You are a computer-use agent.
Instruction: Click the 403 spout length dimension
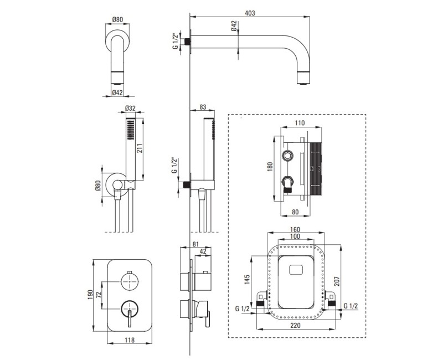[x=250, y=13]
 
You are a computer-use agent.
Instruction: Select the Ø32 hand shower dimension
[x=130, y=108]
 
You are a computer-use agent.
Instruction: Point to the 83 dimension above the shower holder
[x=203, y=107]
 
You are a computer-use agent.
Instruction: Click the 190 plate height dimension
[x=90, y=295]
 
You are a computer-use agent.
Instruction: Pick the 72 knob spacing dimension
[x=99, y=295]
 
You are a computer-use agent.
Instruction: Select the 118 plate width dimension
[x=130, y=340]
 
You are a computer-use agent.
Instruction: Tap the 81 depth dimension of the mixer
[x=196, y=244]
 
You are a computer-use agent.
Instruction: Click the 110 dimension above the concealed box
[x=300, y=123]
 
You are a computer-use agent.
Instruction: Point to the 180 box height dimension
[x=270, y=167]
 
